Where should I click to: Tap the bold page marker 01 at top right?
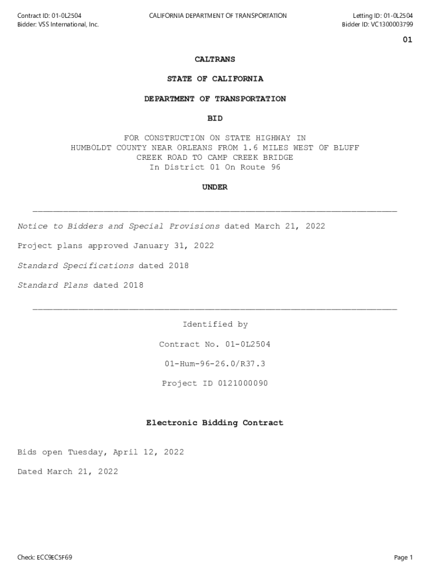click(x=407, y=40)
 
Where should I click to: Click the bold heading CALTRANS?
click(x=215, y=59)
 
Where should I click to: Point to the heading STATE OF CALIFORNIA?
click(x=215, y=79)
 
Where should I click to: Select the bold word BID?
click(x=215, y=118)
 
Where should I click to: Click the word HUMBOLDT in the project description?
click(x=91, y=148)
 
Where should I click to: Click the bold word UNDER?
click(x=215, y=187)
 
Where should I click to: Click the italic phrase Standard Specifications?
click(x=75, y=265)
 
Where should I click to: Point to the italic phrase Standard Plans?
click(x=53, y=285)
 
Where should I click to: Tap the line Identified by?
click(x=215, y=325)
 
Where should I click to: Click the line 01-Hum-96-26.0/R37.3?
click(x=215, y=364)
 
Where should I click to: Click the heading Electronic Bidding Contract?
click(x=215, y=423)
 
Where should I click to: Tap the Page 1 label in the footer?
click(x=403, y=557)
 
